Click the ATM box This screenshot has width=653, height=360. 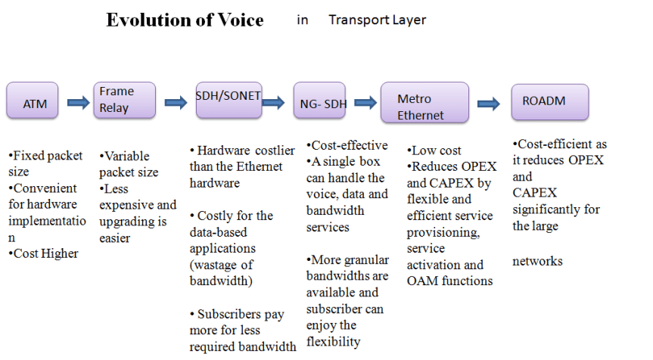[35, 103]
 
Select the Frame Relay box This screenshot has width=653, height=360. [124, 100]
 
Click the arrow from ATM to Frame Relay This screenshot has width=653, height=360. [77, 101]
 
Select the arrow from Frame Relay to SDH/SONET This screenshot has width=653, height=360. [176, 101]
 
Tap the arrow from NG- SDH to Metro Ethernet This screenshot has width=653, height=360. [365, 101]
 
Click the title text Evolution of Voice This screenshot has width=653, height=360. [185, 20]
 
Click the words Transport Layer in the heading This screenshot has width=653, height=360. [377, 20]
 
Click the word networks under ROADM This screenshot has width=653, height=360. [537, 261]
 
